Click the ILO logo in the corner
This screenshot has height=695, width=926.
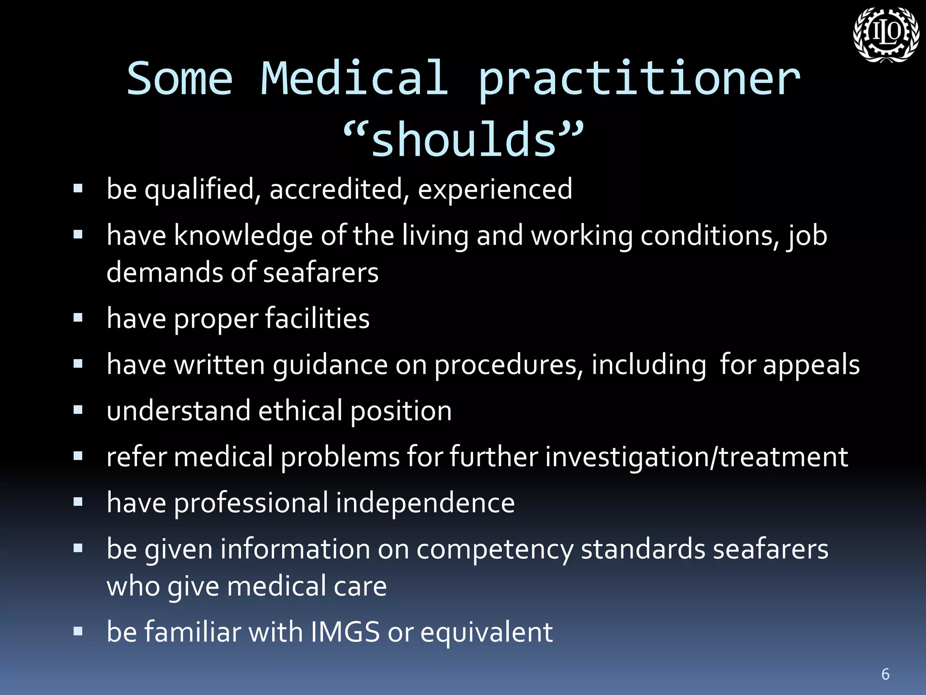886,35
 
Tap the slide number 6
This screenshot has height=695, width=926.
885,674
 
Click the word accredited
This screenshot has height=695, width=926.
336,189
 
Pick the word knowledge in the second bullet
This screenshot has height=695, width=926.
243,236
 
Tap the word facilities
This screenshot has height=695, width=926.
317,319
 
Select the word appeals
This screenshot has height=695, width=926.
811,365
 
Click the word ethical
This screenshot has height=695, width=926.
300,411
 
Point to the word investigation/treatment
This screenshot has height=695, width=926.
696,457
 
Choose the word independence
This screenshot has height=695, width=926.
425,503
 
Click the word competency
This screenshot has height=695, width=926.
495,550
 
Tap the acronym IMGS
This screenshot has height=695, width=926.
345,632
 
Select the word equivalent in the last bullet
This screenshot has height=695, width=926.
487,633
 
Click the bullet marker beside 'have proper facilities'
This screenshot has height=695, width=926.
78,318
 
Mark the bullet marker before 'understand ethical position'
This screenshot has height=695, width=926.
78,410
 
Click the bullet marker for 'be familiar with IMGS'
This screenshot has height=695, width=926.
78,631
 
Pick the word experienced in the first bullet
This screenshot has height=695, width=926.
495,189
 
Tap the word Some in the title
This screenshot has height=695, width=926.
180,79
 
